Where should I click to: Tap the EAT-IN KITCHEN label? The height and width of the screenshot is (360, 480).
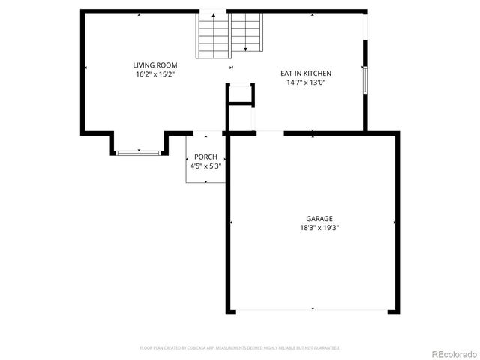[305, 73]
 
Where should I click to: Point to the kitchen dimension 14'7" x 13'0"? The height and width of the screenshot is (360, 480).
[305, 82]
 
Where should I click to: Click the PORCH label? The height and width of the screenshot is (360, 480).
[205, 157]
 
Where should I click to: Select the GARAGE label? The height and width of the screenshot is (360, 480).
[313, 218]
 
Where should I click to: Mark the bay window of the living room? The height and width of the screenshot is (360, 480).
[139, 153]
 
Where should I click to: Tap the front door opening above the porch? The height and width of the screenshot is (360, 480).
[205, 133]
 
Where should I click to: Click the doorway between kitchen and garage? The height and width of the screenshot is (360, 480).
[271, 133]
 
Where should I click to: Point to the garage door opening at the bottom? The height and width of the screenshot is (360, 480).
[313, 310]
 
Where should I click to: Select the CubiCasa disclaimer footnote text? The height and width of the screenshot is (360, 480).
[240, 348]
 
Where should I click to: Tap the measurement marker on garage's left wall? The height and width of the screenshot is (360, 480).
[231, 222]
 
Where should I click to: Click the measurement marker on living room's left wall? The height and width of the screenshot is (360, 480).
[85, 68]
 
